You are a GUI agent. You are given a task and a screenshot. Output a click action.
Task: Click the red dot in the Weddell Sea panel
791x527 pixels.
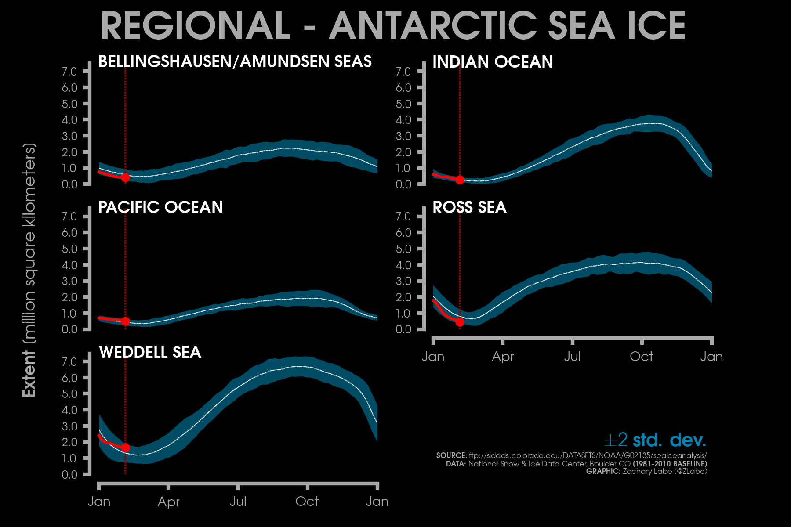[125, 448]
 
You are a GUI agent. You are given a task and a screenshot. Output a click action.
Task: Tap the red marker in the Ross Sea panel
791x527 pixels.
[460, 322]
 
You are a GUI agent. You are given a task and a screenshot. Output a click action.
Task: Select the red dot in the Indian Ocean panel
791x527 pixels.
[460, 180]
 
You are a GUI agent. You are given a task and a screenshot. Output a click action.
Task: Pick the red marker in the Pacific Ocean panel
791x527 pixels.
[125, 321]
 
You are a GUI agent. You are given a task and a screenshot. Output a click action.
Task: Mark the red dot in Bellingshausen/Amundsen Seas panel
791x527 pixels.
[125, 177]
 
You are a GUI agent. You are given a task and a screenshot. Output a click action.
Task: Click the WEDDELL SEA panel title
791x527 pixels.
[150, 352]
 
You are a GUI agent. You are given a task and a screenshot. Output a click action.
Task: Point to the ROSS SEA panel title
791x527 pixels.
[469, 207]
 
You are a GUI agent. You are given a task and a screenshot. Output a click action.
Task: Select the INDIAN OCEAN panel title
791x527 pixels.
[493, 62]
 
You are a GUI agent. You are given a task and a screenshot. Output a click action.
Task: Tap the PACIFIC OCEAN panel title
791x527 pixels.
[160, 207]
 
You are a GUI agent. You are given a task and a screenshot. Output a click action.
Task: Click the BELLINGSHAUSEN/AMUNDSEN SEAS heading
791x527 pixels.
[235, 61]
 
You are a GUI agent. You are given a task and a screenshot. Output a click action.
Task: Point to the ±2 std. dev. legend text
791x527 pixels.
[655, 440]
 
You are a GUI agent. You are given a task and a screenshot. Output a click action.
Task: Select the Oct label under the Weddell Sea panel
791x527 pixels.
[307, 502]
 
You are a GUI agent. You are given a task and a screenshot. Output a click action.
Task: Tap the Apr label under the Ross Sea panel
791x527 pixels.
[503, 357]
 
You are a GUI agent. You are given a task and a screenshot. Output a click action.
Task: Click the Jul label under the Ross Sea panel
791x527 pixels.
[572, 357]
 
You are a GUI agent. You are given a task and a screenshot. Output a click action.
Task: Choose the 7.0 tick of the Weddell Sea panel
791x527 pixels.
[69, 362]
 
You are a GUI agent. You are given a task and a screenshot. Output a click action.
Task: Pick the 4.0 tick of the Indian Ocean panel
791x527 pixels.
[403, 120]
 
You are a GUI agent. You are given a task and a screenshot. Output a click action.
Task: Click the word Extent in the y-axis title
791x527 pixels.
[29, 374]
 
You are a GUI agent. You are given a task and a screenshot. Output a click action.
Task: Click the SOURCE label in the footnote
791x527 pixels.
[451, 455]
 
